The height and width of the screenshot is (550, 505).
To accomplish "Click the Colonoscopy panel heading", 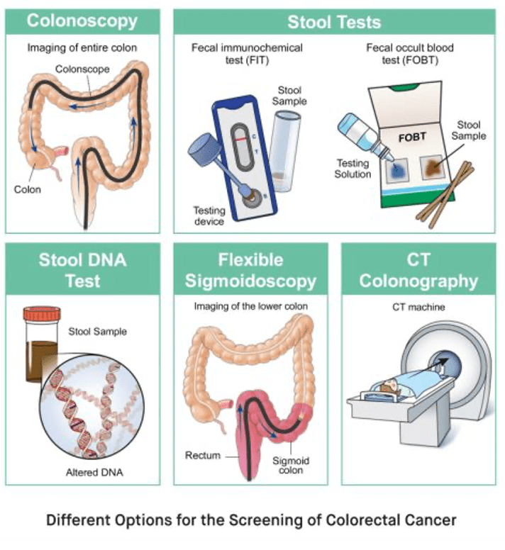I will point(82,21).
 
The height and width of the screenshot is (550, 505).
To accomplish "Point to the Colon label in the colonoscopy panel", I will point(28,189).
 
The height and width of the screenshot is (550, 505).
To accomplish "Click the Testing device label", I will point(211,215).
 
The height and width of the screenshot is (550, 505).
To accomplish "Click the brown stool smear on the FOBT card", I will point(431,167).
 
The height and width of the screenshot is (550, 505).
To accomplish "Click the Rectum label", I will point(203,454).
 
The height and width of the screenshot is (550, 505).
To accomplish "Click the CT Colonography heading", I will point(418,270).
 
